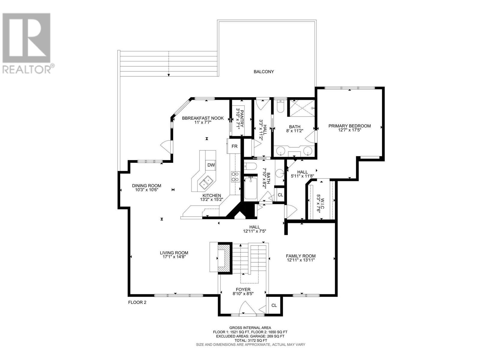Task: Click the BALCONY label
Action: pyautogui.click(x=263, y=71)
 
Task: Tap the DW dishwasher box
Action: pyautogui.click(x=211, y=165)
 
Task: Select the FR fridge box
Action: pyautogui.click(x=234, y=146)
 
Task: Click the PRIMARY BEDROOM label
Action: pyautogui.click(x=349, y=126)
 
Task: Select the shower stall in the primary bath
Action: pyautogui.click(x=302, y=109)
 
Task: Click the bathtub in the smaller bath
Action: pyautogui.click(x=250, y=188)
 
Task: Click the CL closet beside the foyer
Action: pyautogui.click(x=274, y=305)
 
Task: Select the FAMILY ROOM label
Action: pyautogui.click(x=301, y=256)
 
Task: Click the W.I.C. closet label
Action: pyautogui.click(x=322, y=203)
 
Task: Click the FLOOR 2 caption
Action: pyautogui.click(x=137, y=302)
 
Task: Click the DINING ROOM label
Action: pyautogui.click(x=146, y=186)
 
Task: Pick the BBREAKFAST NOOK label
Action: pyautogui.click(x=203, y=118)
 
